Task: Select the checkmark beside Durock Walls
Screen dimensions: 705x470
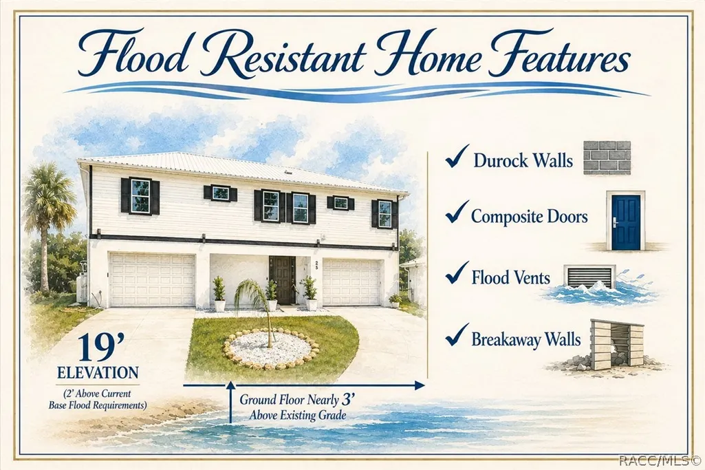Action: click(x=457, y=156)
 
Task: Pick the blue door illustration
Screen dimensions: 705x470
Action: click(x=625, y=222)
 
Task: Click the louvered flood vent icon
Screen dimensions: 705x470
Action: click(x=590, y=276)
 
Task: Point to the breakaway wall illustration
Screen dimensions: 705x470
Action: click(x=616, y=344)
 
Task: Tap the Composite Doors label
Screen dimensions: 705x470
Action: click(x=529, y=217)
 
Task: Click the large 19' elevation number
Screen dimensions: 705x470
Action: click(x=96, y=347)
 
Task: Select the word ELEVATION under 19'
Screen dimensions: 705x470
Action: click(x=98, y=372)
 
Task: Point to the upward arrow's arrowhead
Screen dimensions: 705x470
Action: click(x=230, y=385)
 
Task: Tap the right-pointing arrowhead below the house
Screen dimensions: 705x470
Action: click(x=420, y=385)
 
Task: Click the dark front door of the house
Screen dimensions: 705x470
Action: click(x=283, y=279)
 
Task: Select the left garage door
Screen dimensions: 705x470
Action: click(x=153, y=280)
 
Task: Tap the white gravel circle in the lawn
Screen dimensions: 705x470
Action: click(x=270, y=348)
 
